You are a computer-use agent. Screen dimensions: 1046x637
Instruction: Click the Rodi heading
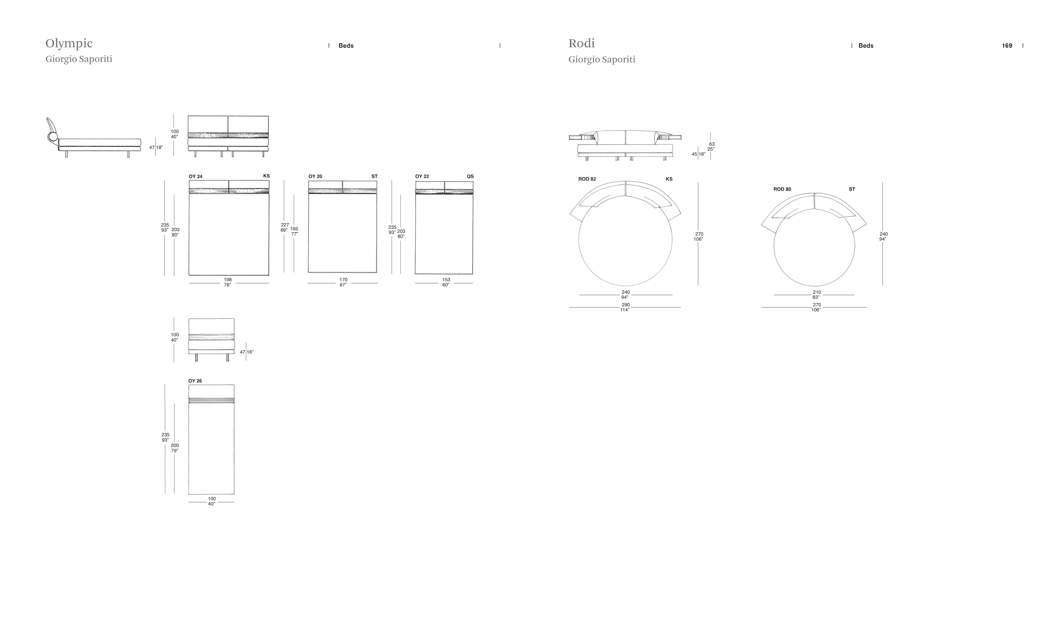582,43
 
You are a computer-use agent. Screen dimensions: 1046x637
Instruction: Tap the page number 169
1007,46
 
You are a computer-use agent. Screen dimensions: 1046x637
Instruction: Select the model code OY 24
195,177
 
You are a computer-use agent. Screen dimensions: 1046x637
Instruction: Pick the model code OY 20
315,176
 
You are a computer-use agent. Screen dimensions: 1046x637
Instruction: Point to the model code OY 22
422,176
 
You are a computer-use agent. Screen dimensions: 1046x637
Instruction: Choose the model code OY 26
195,381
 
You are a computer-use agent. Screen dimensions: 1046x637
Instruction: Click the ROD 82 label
587,179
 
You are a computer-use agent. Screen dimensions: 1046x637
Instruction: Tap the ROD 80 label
782,190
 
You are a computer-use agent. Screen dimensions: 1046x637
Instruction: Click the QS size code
470,176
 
